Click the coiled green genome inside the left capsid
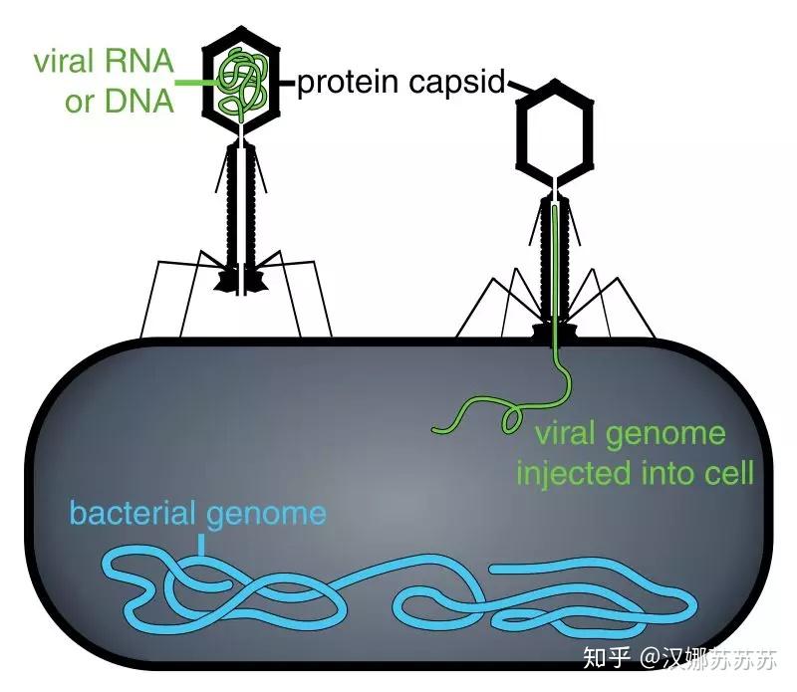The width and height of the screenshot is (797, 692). pyautogui.click(x=242, y=80)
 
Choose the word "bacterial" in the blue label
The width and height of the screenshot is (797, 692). pyautogui.click(x=135, y=514)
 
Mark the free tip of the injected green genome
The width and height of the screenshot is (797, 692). pyautogui.click(x=436, y=429)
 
